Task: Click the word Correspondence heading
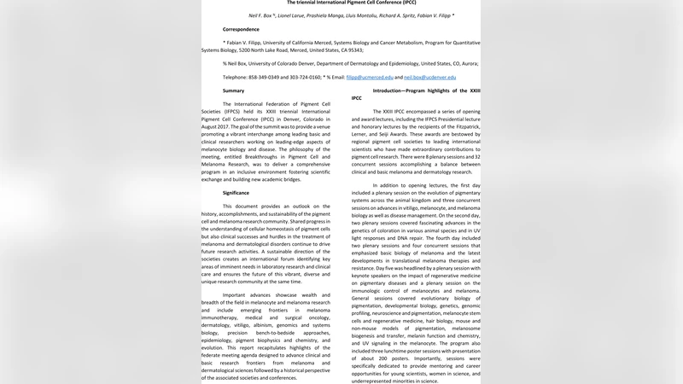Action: [x=242, y=29]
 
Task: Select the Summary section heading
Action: [x=234, y=90]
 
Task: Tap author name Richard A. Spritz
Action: [x=442, y=15]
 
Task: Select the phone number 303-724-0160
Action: [x=305, y=77]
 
